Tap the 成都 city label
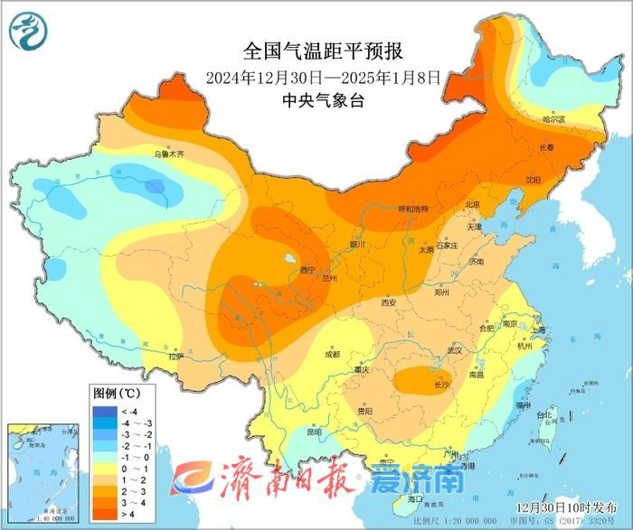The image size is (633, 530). coord(331,354)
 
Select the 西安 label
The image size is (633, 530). coord(389,302)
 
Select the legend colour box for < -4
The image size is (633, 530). coord(103,412)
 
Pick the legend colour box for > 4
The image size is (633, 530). coord(103,513)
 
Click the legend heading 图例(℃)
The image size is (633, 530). coord(117,394)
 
